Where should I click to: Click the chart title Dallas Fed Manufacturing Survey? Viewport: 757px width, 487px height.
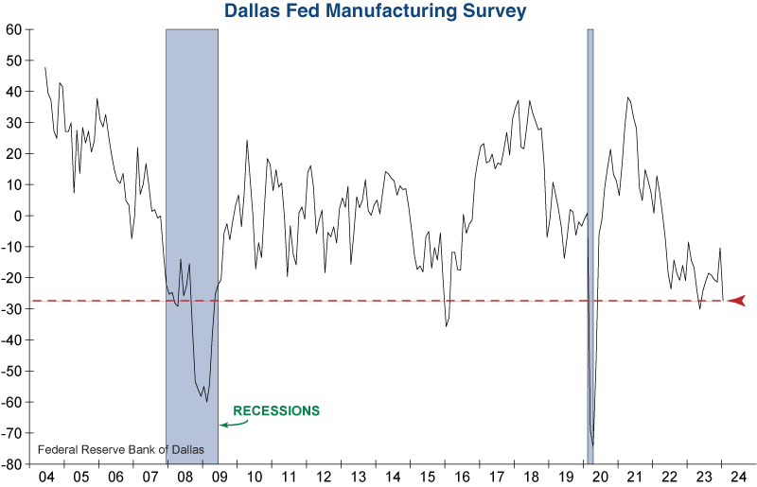[x=376, y=11]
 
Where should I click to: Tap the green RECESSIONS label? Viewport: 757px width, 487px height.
[x=276, y=411]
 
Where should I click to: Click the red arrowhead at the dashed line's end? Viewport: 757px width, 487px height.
[x=737, y=301]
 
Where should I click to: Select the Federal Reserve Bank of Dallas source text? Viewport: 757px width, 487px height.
[x=112, y=448]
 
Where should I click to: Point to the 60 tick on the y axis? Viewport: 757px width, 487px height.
[x=14, y=29]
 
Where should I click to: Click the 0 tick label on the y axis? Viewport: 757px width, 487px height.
[x=18, y=216]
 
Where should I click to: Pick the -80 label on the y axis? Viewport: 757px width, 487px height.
[x=11, y=464]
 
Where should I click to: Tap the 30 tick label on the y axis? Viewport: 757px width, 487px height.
[x=14, y=123]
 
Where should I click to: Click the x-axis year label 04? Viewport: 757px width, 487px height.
[x=44, y=477]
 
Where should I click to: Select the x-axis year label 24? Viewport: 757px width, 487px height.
[x=738, y=477]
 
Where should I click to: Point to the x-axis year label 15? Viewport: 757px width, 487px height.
[x=426, y=477]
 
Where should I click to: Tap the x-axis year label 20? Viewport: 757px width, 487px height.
[x=600, y=477]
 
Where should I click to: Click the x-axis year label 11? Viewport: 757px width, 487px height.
[x=288, y=477]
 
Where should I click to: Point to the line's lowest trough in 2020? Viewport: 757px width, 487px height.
[x=593, y=445]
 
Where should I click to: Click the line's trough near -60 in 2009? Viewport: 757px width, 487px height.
[x=206, y=401]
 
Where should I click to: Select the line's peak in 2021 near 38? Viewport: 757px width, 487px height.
[x=627, y=97]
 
